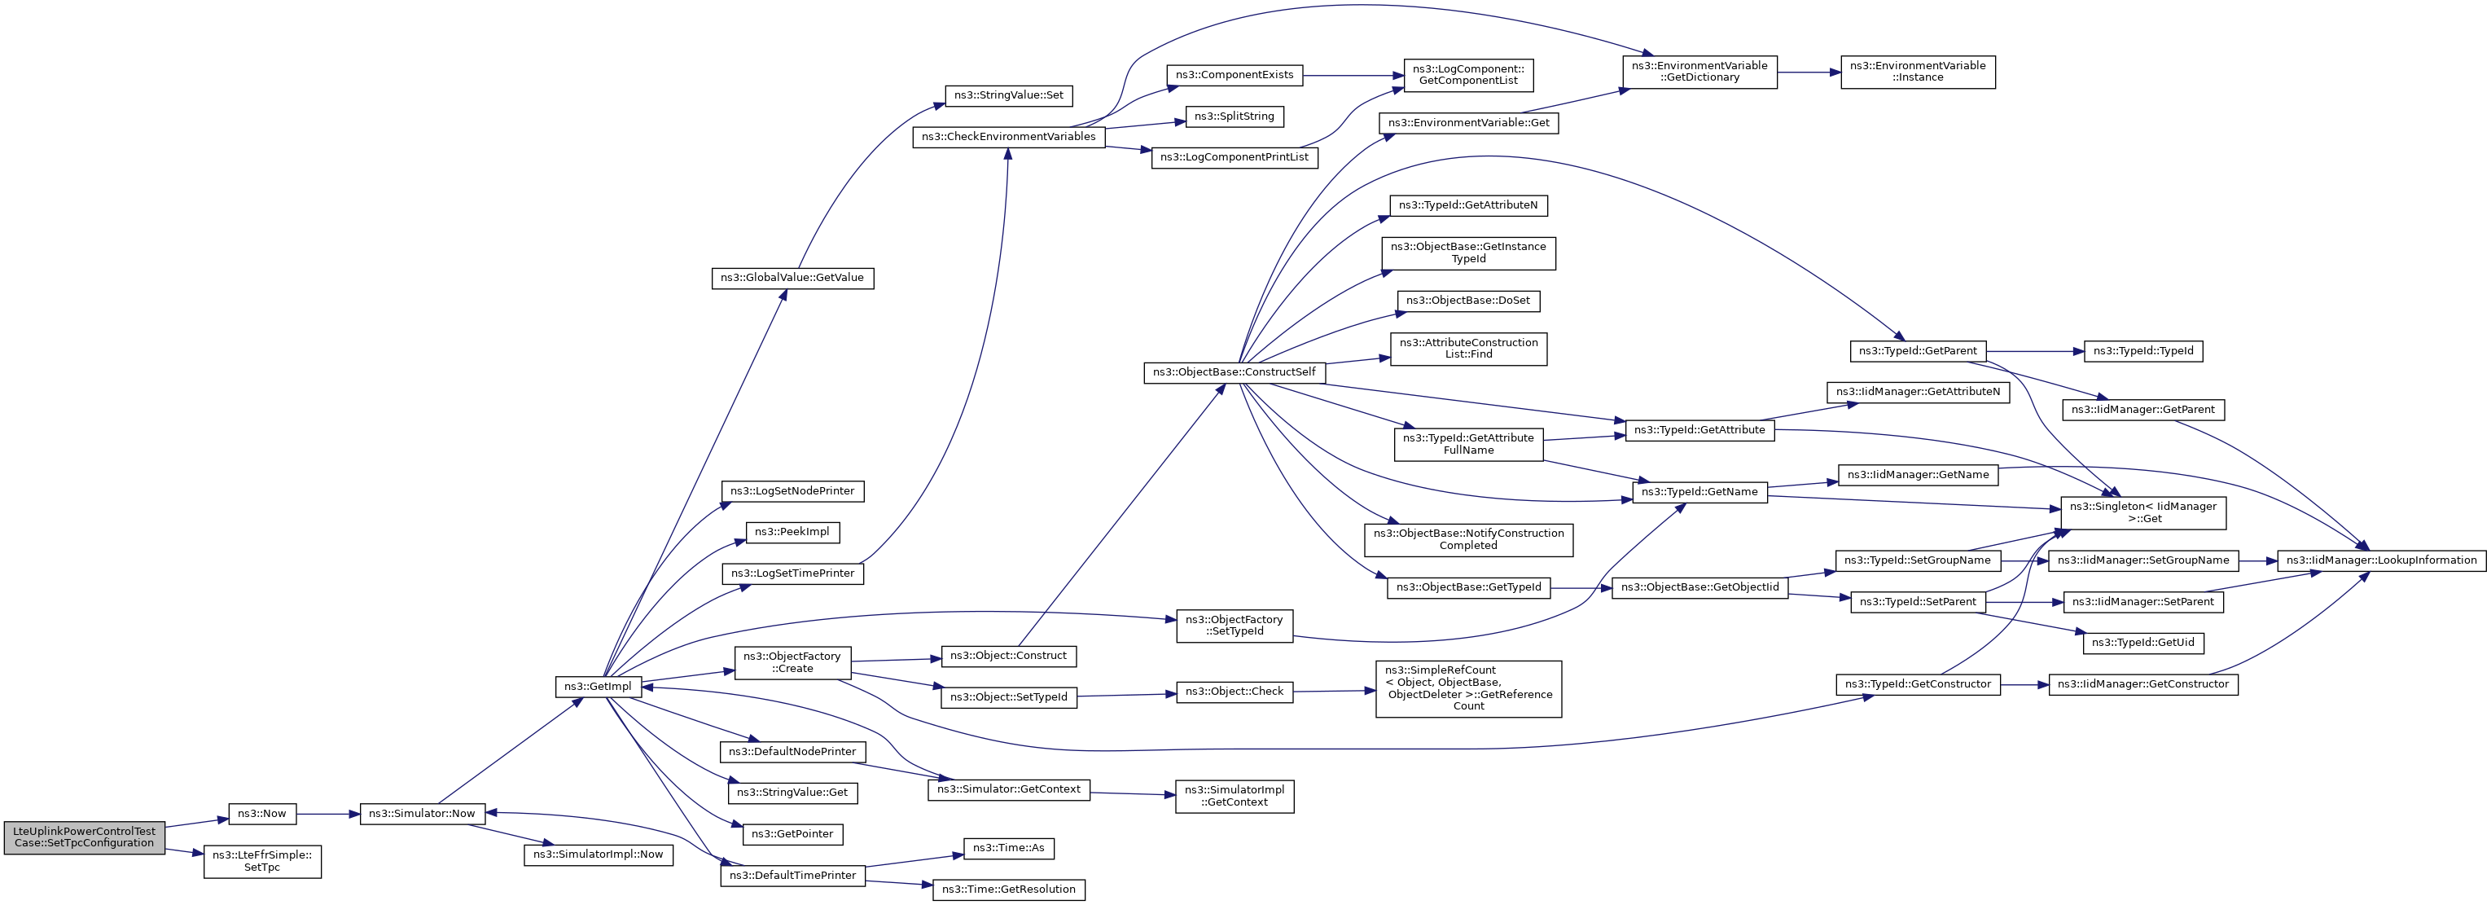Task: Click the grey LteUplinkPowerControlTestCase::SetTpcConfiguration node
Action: tap(84, 837)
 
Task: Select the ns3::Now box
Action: tap(262, 814)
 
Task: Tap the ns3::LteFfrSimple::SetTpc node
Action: tap(262, 862)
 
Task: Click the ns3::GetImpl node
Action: tap(598, 687)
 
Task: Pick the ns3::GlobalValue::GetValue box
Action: tap(792, 279)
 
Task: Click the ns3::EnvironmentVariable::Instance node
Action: tap(1918, 72)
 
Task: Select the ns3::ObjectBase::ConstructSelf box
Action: tap(1234, 372)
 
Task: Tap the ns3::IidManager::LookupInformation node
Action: tap(2382, 560)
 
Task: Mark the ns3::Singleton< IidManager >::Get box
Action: tap(2143, 512)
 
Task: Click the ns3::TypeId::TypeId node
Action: tap(2143, 351)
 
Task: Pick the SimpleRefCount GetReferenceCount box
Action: tap(1468, 688)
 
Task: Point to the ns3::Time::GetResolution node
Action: tap(1009, 890)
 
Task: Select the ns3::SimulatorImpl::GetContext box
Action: tap(1235, 796)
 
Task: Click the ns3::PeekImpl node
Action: tap(792, 532)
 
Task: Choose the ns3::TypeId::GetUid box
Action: tap(2143, 643)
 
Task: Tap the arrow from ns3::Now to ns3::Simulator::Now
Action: tap(328, 814)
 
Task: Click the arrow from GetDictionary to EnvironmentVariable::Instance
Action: tap(1809, 72)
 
